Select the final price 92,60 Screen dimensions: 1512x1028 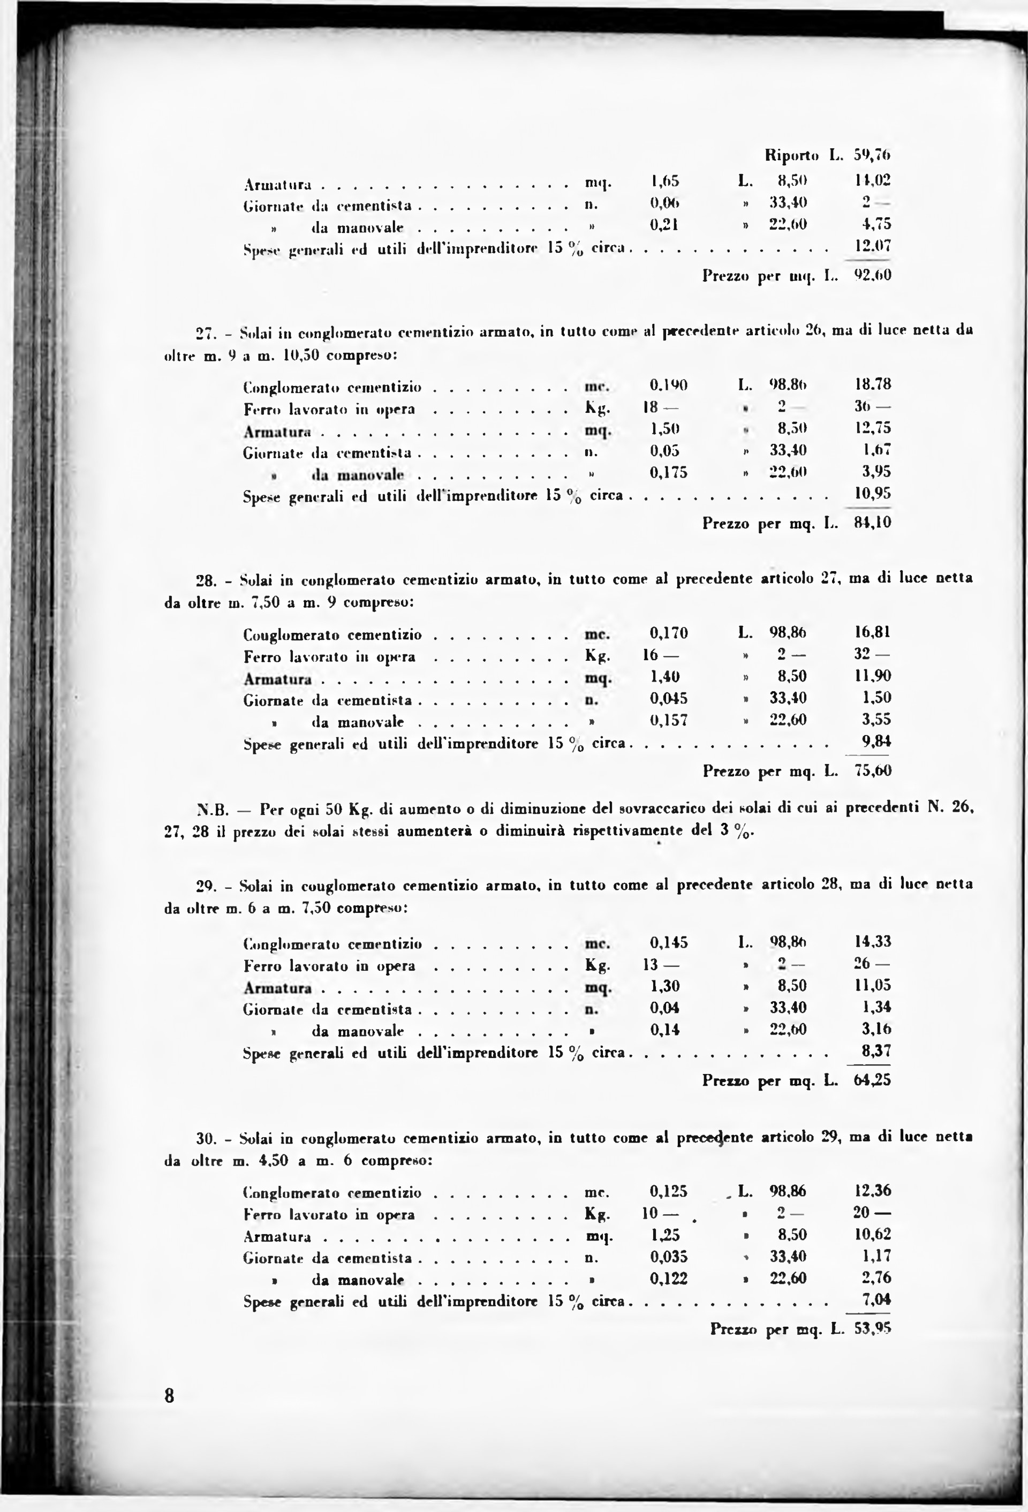click(x=873, y=275)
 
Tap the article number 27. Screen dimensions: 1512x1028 click(x=206, y=334)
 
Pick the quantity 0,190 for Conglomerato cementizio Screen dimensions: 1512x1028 click(x=669, y=384)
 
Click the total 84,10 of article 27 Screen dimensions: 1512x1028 click(x=873, y=523)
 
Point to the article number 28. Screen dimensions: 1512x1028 click(x=206, y=579)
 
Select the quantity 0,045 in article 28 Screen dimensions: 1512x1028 click(x=669, y=698)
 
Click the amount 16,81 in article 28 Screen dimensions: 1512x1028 click(x=873, y=632)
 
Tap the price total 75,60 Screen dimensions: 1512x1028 click(x=873, y=771)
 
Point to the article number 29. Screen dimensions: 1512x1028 click(x=206, y=886)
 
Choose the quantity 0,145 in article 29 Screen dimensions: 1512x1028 click(x=669, y=942)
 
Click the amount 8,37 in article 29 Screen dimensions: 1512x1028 click(x=876, y=1052)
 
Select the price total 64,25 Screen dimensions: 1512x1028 click(x=873, y=1080)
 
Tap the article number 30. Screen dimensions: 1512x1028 click(x=206, y=1139)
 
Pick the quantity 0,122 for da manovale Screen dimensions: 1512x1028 click(x=669, y=1279)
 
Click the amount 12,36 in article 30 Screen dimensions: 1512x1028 click(x=873, y=1191)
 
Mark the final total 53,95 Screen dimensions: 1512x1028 click(x=873, y=1329)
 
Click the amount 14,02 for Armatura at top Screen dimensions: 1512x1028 click(x=873, y=180)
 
